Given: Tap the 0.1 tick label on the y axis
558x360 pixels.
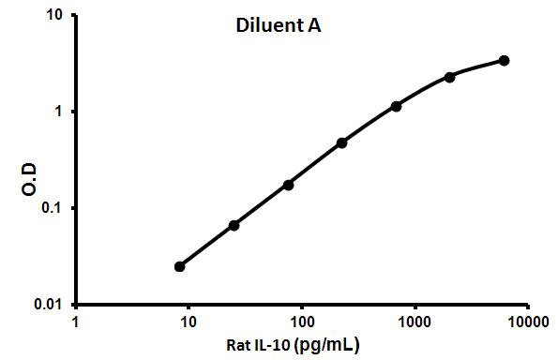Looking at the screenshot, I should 54,208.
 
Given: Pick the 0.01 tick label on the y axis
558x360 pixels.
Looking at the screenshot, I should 51,305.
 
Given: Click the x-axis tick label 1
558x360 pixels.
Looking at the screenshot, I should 75,321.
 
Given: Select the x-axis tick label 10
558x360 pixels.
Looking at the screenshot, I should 188,321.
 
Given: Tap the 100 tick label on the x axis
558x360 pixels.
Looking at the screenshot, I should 301,321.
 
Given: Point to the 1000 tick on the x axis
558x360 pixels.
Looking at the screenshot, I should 414,321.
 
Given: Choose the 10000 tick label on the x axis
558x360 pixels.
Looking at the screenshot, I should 526,321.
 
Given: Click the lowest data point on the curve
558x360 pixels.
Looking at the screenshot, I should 180,266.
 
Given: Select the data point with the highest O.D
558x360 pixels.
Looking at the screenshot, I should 504,60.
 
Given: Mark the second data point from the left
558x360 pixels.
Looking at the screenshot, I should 234,225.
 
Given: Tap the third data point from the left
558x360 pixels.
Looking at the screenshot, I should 288,185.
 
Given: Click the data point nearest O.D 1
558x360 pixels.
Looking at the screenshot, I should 396,106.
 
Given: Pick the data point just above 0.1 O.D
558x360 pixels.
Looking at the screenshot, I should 288,185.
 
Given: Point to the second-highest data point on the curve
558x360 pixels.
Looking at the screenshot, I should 450,77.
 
